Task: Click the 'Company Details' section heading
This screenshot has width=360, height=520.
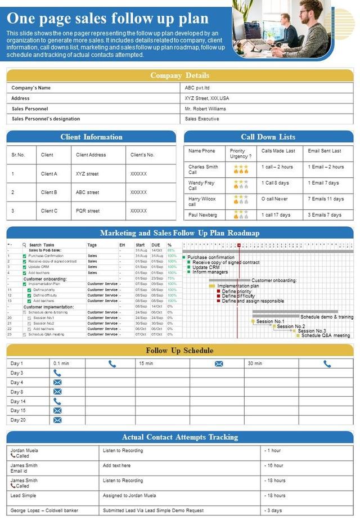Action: click(179, 75)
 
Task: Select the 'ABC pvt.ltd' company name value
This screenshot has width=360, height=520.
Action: click(197, 88)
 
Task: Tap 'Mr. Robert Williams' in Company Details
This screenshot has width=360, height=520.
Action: click(205, 109)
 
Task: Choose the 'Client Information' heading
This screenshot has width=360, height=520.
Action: click(91, 137)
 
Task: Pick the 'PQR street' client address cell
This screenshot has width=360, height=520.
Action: click(87, 211)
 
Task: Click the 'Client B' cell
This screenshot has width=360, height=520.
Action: click(49, 192)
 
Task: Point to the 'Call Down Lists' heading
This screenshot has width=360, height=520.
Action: click(268, 137)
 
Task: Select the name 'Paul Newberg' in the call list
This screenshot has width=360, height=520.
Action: click(203, 214)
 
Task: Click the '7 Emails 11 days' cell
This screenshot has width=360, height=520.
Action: click(326, 199)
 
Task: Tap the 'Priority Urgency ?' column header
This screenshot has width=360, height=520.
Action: click(241, 154)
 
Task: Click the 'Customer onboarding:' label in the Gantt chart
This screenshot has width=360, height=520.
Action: click(274, 280)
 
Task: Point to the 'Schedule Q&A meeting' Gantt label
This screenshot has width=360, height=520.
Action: click(325, 335)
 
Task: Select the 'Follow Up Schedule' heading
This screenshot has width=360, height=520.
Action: click(179, 351)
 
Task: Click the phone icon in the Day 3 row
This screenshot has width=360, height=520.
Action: click(57, 373)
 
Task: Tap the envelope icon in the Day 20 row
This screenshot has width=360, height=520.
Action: click(57, 420)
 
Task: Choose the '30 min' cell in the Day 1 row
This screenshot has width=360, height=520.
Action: click(255, 364)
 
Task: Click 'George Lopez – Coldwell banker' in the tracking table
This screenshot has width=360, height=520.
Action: click(44, 510)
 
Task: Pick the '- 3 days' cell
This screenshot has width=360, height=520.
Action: click(274, 510)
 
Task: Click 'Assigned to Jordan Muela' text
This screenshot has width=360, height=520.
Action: click(129, 495)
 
